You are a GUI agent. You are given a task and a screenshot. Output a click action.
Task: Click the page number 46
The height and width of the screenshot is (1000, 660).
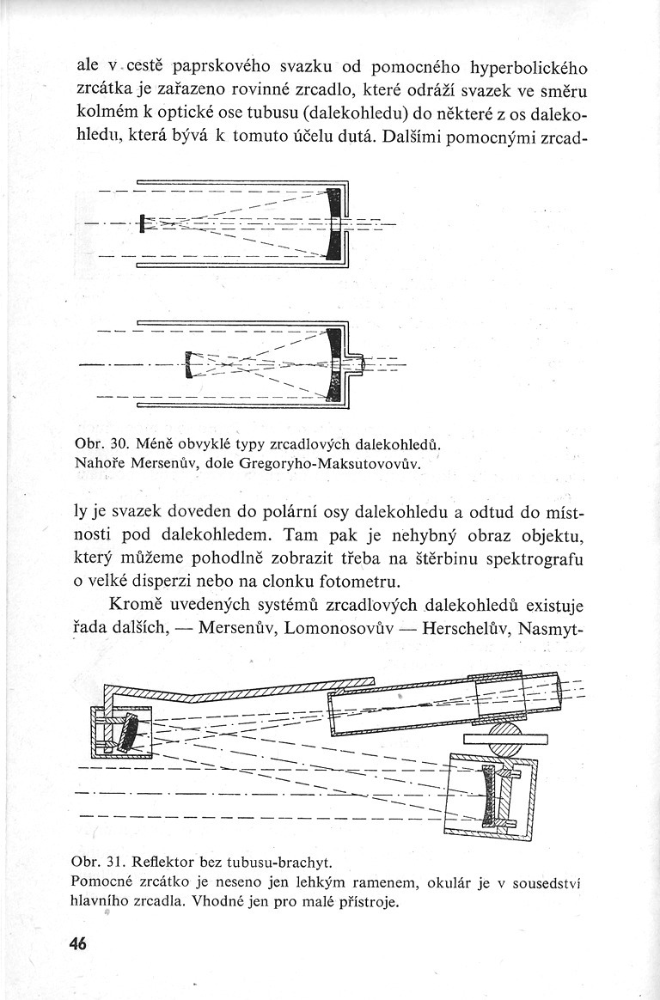click(x=78, y=943)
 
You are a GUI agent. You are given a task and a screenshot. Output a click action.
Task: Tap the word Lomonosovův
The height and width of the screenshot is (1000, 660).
click(x=339, y=627)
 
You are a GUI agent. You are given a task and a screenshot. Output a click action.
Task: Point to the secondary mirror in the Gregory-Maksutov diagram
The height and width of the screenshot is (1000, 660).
click(x=188, y=366)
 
